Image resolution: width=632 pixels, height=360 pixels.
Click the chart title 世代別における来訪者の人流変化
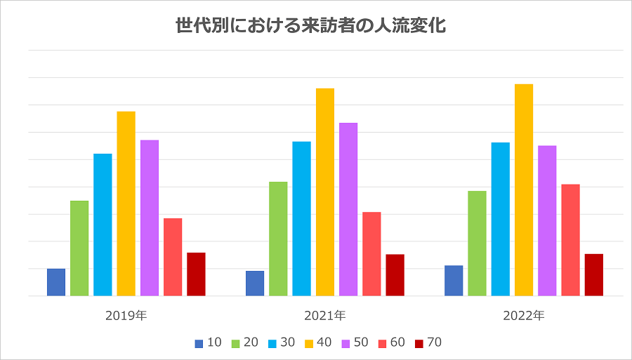point(310,27)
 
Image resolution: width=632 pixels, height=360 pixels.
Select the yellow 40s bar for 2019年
point(126,204)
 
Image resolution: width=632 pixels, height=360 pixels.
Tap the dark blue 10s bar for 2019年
point(56,282)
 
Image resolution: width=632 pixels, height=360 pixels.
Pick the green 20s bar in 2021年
point(278,239)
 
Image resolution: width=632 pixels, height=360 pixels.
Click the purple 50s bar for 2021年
point(348,209)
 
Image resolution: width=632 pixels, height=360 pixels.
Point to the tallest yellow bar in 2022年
point(524,189)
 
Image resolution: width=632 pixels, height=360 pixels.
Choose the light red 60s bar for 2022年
point(570,240)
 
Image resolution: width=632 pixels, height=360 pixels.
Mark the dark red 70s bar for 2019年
point(196,274)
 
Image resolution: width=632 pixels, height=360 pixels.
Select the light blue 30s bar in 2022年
point(501,219)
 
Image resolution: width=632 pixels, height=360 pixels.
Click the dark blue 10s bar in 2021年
point(255,284)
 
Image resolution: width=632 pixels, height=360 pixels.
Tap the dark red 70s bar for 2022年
point(594,275)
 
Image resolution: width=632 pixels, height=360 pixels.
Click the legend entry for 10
point(209,343)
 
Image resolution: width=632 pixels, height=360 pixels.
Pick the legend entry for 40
point(318,343)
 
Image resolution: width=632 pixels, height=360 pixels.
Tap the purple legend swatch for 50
point(345,343)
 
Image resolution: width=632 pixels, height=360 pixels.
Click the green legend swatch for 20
point(235,343)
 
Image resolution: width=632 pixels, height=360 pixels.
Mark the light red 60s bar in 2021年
point(371,254)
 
